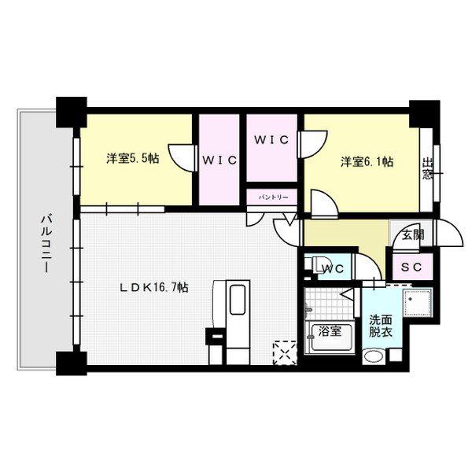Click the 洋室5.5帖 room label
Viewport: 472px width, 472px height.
[x=132, y=158]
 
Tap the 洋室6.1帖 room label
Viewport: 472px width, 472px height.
[x=367, y=162]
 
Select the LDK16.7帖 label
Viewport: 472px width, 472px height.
[x=154, y=287]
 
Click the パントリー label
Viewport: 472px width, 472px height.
[x=273, y=197]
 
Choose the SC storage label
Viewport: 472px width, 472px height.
[x=411, y=267]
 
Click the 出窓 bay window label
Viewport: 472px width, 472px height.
[x=427, y=168]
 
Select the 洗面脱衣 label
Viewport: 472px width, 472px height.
[x=381, y=326]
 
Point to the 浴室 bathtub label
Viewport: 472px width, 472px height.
[x=330, y=331]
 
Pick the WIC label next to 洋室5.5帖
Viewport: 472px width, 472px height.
[x=219, y=160]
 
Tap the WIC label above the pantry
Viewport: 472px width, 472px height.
[x=271, y=140]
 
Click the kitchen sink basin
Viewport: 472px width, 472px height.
[x=238, y=300]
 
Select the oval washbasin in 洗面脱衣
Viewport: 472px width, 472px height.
[x=374, y=356]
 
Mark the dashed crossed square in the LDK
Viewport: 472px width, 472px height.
[x=285, y=352]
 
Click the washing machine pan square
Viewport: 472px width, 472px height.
[x=418, y=303]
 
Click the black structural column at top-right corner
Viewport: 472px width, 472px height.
[x=425, y=114]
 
